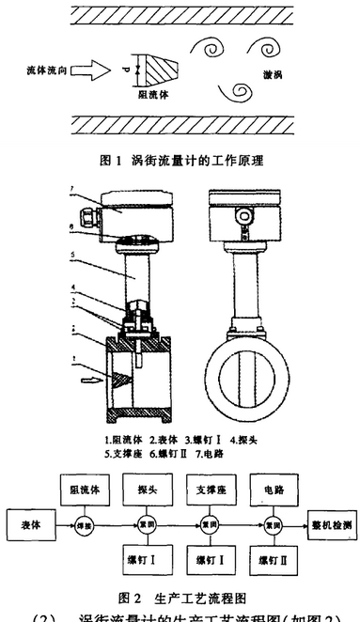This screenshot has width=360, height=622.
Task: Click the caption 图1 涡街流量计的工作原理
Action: [x=180, y=161]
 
